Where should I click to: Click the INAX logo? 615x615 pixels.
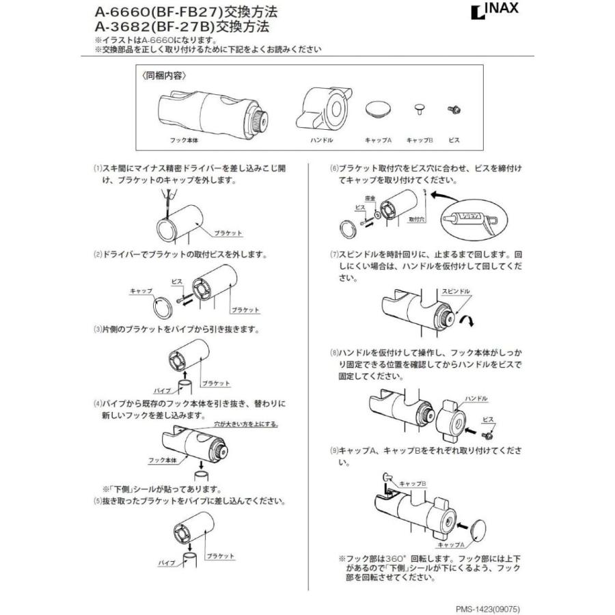tap(494, 12)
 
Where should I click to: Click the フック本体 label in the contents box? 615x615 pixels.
tap(182, 139)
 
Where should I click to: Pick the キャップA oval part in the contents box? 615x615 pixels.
tap(377, 109)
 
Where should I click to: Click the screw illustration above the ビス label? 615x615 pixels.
tap(451, 109)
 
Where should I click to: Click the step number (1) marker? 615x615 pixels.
tap(97, 167)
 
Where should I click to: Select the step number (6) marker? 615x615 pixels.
tap(334, 167)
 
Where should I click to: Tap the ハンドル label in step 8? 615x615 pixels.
tap(476, 397)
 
